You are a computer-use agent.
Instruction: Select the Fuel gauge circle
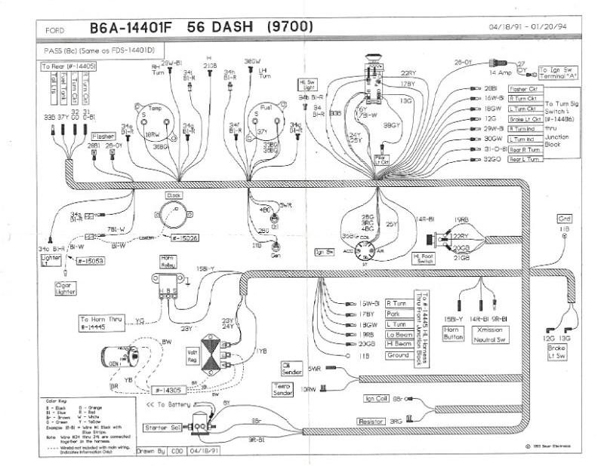tap(267, 118)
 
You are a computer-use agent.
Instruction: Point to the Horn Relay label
tap(166, 261)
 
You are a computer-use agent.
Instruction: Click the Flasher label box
tap(103, 138)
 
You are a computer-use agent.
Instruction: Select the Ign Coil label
tap(377, 398)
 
